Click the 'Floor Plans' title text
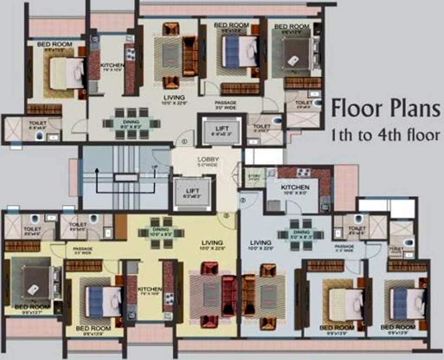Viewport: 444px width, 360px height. (386, 109)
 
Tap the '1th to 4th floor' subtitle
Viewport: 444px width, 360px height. (385, 136)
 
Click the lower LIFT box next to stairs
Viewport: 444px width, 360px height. (192, 194)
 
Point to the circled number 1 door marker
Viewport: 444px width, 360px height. (184, 141)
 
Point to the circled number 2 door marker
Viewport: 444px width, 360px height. (242, 201)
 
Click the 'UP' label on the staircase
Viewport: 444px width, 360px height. (154, 167)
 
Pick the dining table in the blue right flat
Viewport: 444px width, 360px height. (300, 234)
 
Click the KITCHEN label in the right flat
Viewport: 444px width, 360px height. (295, 187)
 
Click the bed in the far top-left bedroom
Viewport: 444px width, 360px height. (67, 73)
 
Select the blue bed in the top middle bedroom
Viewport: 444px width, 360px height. (239, 52)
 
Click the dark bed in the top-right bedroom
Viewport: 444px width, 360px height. (296, 54)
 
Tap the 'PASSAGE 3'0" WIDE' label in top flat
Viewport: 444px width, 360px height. (225, 105)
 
